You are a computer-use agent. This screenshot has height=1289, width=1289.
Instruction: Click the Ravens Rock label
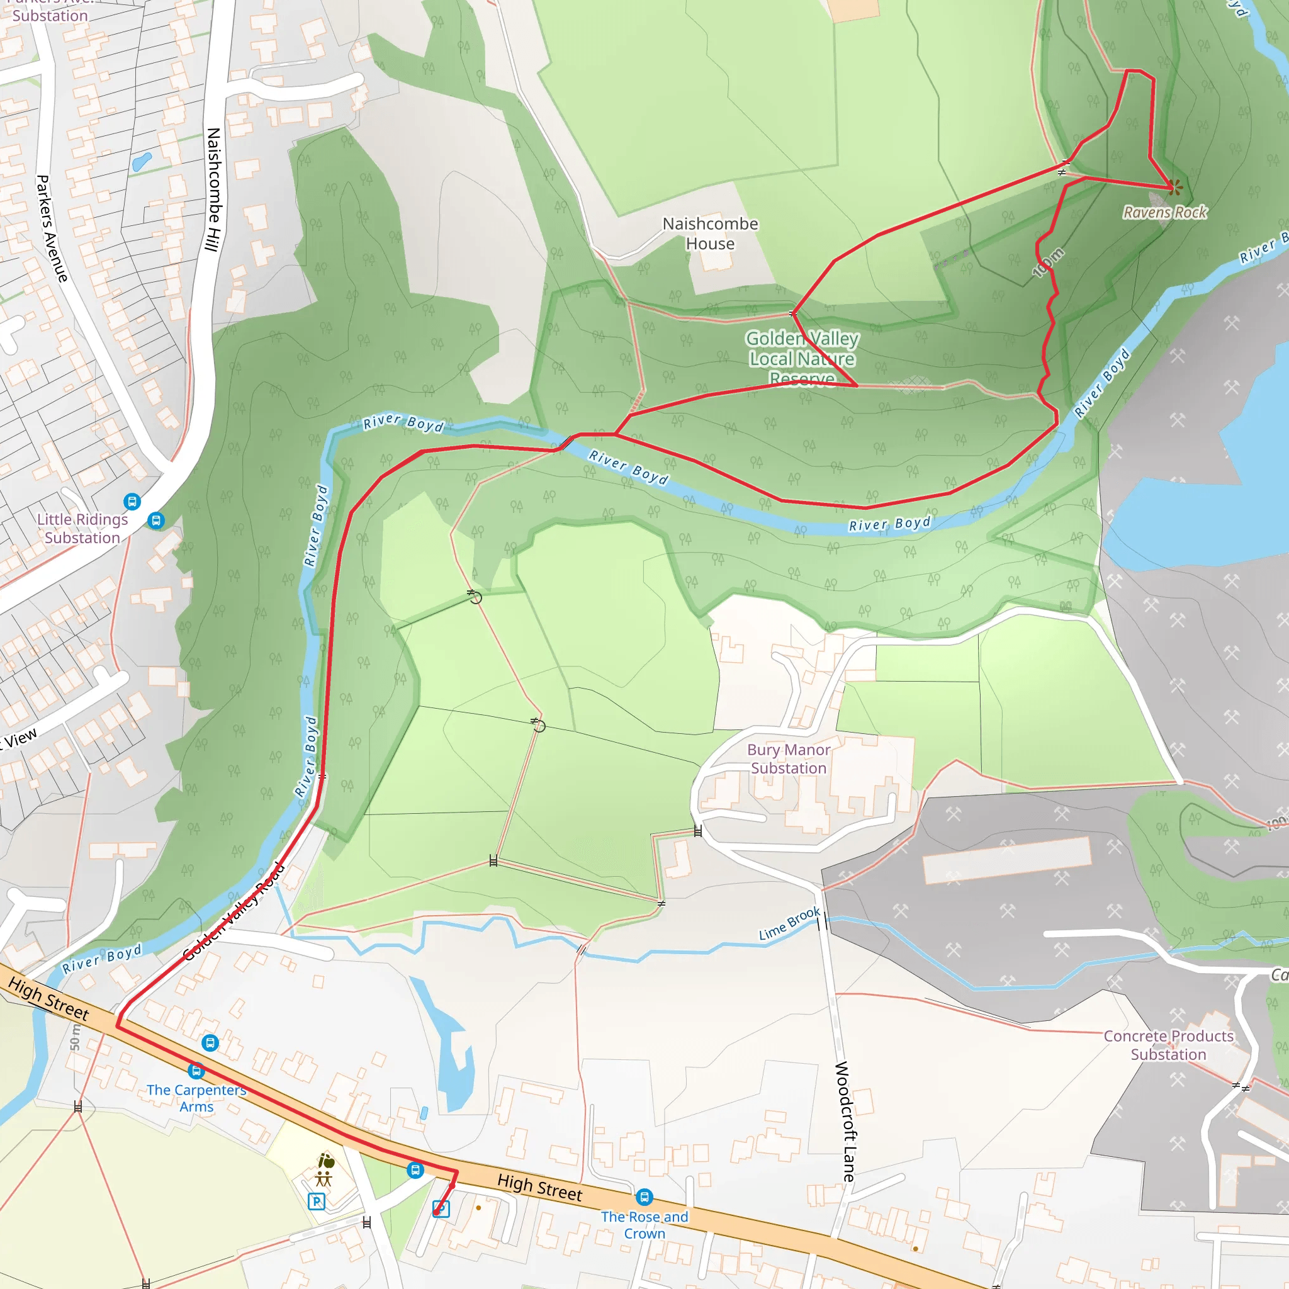point(1165,212)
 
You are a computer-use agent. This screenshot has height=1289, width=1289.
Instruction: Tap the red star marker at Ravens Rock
point(1175,188)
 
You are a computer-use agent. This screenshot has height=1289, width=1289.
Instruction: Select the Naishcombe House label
point(710,234)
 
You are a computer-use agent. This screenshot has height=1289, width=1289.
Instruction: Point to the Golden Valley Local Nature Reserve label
point(802,358)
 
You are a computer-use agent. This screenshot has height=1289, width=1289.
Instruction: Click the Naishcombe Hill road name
point(213,190)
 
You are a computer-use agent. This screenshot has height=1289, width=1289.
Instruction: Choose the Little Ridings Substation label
point(82,529)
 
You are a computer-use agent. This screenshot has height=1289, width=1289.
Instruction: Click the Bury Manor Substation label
point(789,759)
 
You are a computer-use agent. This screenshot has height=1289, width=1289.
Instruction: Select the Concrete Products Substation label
point(1168,1045)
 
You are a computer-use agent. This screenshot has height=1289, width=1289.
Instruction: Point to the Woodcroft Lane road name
point(845,1121)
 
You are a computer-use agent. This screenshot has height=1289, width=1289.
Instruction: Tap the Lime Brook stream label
point(789,923)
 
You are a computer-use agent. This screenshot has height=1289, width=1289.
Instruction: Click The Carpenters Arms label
point(196,1098)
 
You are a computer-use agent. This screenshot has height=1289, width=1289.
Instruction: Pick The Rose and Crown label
point(644,1225)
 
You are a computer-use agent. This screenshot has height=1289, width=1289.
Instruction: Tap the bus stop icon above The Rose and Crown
point(644,1197)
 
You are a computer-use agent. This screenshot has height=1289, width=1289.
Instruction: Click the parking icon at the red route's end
point(441,1209)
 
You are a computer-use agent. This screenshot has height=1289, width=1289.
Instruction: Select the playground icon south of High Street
point(324,1179)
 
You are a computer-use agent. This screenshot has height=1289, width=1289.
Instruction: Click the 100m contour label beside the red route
point(1048,262)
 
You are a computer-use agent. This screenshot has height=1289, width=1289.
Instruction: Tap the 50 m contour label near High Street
point(75,1038)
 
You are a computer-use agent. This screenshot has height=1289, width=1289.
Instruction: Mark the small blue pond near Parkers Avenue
point(142,162)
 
